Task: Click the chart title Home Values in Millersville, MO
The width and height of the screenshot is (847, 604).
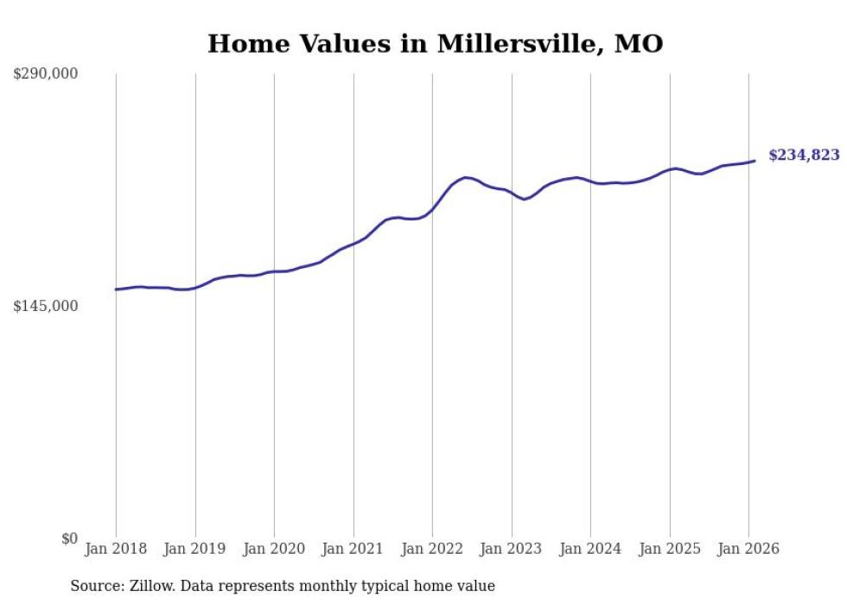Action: point(435,44)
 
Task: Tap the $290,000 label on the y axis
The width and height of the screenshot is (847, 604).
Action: point(46,74)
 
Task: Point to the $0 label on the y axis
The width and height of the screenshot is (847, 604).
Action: point(69,539)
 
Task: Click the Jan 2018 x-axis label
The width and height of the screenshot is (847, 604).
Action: point(116,550)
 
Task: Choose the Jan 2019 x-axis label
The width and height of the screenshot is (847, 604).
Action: point(195,550)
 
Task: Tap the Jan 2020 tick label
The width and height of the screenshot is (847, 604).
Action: point(274,550)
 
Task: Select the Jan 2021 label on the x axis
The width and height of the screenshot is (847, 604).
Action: point(353,550)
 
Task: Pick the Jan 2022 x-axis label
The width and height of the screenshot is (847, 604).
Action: point(432,550)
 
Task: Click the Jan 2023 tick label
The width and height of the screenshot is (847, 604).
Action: point(512,550)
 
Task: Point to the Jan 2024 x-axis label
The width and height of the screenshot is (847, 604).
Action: point(590,550)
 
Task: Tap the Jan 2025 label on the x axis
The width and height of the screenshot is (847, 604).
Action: point(670,550)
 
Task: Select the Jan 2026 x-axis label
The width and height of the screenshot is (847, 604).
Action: point(748,550)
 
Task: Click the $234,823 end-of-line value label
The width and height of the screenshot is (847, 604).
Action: point(804,156)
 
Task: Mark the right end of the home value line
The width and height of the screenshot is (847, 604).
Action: point(755,161)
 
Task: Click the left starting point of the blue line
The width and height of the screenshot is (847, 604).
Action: point(116,289)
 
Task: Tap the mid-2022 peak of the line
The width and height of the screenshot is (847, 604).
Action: point(466,177)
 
